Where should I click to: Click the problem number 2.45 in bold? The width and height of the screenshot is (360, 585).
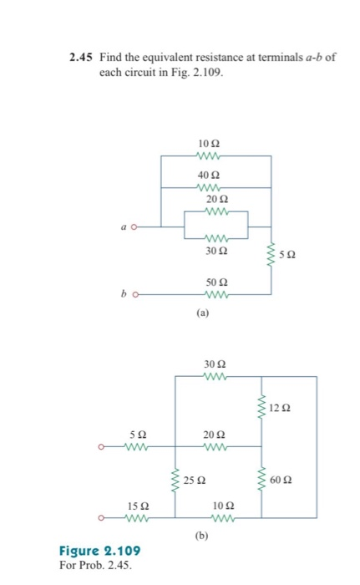(x=82, y=57)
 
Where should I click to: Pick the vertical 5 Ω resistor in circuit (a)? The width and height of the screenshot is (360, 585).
(x=270, y=255)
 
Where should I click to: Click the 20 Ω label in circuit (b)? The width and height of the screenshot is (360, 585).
(x=215, y=435)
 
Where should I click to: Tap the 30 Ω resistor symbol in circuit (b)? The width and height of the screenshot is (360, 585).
(x=215, y=376)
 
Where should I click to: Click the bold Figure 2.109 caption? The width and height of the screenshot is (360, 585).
(x=99, y=551)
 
